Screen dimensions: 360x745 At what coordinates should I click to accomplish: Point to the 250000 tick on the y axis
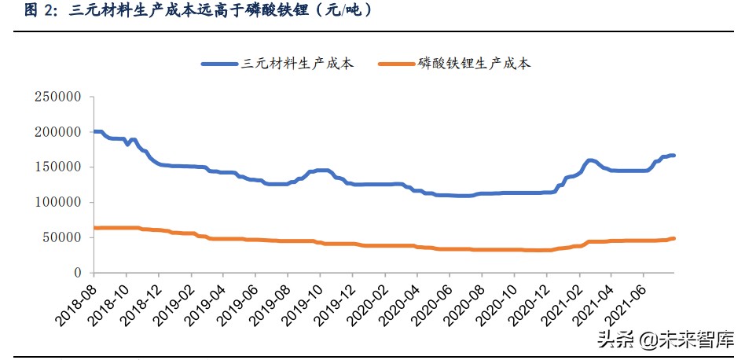(58, 97)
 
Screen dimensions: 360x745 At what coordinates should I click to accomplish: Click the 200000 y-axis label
(58, 132)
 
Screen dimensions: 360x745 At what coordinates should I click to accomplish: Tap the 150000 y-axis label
(58, 167)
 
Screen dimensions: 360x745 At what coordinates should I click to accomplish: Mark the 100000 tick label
(58, 202)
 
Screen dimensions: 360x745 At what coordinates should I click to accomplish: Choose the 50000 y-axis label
(62, 237)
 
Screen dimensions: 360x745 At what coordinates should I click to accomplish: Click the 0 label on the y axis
(78, 273)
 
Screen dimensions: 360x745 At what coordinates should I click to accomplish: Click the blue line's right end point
(673, 156)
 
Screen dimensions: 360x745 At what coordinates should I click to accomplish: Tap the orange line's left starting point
(94, 228)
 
